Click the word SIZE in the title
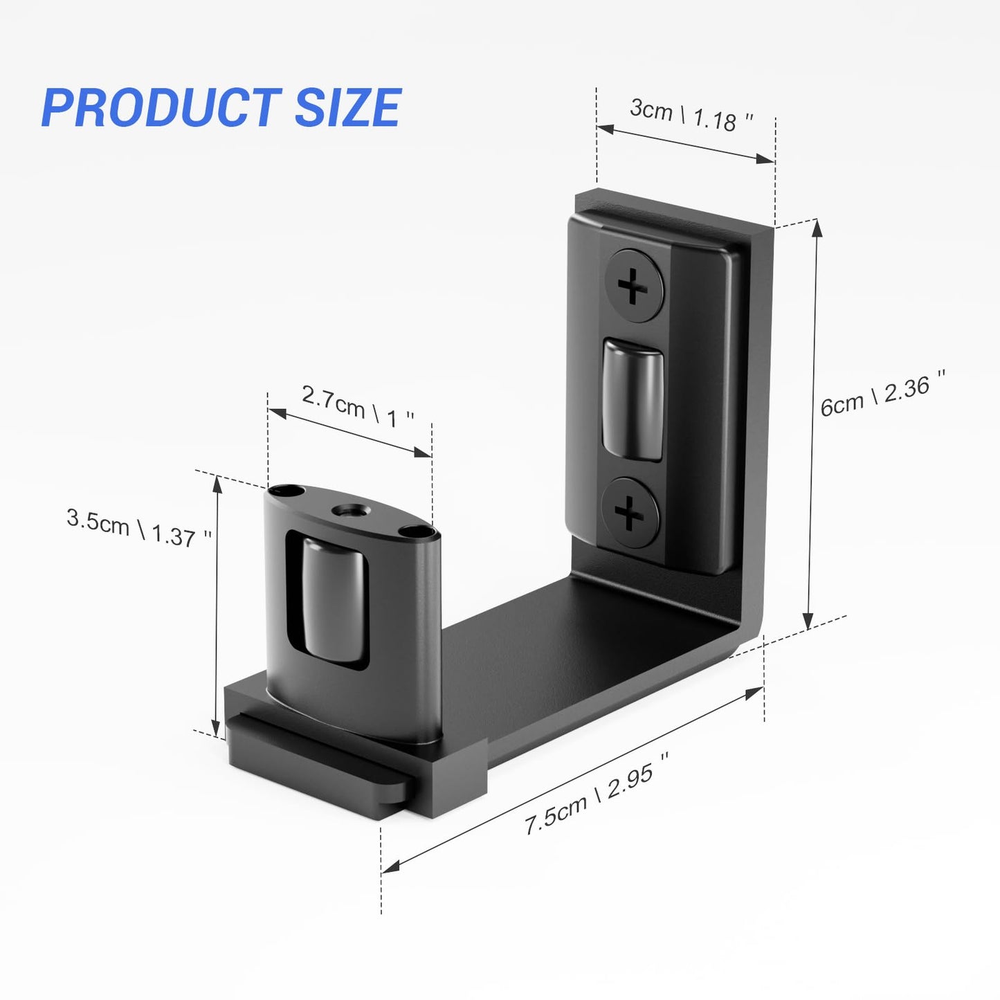tap(347, 108)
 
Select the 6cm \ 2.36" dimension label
tap(882, 394)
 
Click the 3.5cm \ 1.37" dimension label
tap(138, 528)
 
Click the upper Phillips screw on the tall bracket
tap(633, 286)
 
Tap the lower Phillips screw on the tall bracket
tap(629, 513)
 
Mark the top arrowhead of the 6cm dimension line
tap(817, 227)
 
